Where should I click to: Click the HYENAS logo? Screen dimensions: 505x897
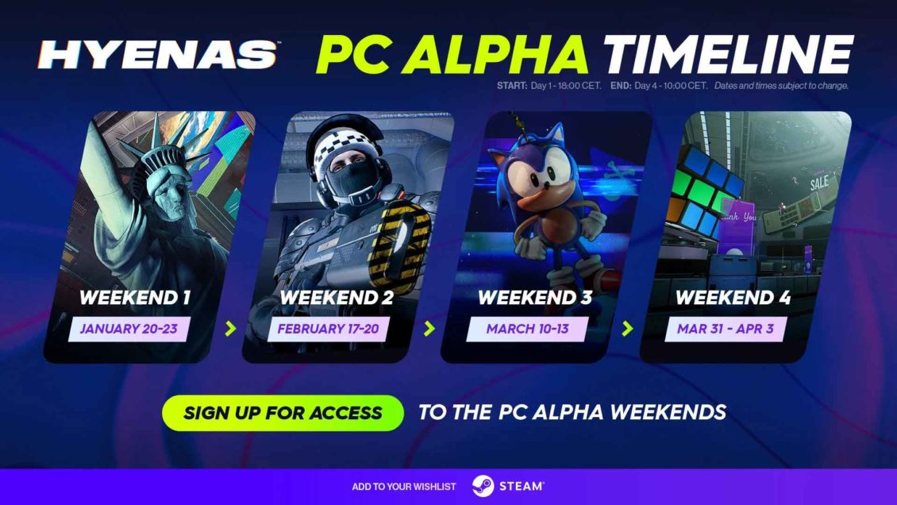point(158,54)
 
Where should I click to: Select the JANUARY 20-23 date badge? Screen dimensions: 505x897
point(128,329)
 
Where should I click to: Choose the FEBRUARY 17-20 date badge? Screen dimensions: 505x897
point(327,329)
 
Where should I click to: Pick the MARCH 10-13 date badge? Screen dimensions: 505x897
point(527,329)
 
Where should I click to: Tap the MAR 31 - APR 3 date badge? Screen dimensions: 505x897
point(725,329)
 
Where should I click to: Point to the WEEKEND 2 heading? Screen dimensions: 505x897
point(331,299)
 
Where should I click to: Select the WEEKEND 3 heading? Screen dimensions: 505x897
point(531,299)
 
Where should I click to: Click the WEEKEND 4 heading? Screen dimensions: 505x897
point(729,299)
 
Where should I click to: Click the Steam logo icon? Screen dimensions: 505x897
point(483,486)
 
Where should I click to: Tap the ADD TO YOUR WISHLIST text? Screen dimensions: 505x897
point(405,486)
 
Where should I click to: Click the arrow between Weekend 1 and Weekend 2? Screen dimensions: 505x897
point(231,328)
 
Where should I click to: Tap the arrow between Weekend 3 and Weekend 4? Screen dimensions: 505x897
point(627,328)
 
